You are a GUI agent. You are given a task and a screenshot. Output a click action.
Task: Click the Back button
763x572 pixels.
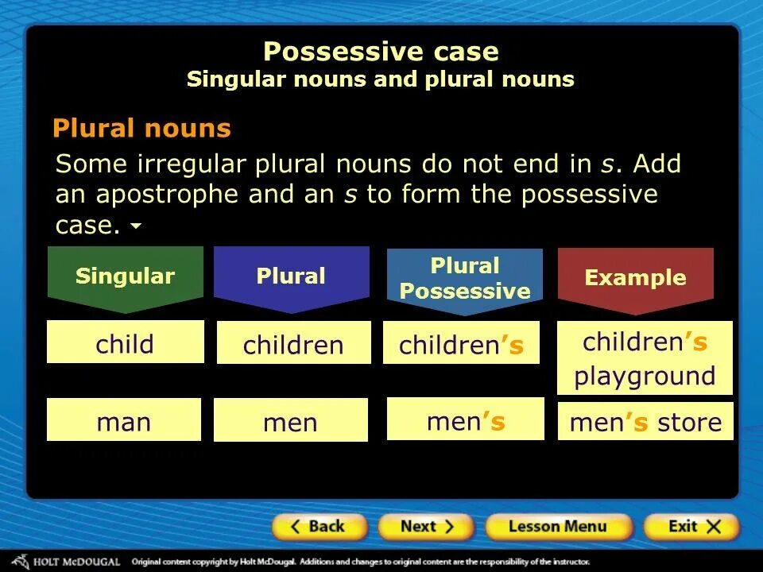click(320, 527)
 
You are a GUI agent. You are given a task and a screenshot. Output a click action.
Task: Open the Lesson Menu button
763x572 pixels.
click(558, 527)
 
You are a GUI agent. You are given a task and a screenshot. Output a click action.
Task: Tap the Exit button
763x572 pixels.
click(691, 527)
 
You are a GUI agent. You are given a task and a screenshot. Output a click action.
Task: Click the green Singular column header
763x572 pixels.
click(125, 277)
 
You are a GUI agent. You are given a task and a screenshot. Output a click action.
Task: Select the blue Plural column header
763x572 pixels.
click(291, 277)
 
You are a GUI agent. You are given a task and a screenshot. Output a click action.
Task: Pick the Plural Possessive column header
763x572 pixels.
click(465, 279)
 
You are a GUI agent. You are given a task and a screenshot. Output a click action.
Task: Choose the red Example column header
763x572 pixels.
click(635, 278)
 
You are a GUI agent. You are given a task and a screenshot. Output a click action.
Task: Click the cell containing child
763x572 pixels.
click(125, 342)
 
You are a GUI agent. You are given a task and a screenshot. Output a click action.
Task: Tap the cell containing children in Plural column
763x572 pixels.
click(293, 343)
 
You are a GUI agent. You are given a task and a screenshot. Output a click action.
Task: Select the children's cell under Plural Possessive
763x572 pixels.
click(461, 343)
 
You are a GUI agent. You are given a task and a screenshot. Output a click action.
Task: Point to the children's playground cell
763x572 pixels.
click(645, 357)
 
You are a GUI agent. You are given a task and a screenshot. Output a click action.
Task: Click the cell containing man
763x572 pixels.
click(124, 420)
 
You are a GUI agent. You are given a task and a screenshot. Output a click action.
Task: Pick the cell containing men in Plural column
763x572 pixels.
click(290, 421)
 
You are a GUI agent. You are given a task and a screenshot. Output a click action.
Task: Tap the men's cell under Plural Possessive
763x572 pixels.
click(465, 419)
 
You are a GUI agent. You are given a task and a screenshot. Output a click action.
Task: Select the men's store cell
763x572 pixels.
click(645, 422)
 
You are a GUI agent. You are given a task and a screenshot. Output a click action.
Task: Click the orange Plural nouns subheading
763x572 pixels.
click(141, 129)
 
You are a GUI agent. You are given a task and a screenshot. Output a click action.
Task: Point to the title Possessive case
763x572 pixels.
click(381, 52)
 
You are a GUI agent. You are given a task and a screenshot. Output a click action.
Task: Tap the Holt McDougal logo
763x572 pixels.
click(68, 562)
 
